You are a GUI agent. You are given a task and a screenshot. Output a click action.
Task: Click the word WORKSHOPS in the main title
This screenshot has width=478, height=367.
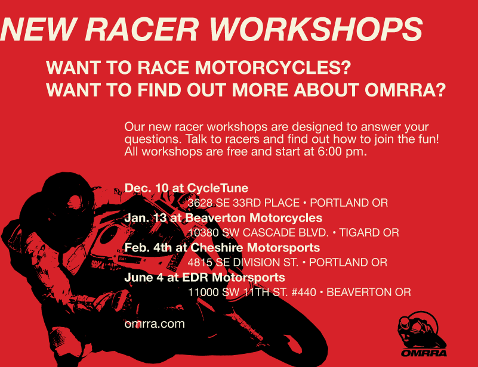tap(316, 30)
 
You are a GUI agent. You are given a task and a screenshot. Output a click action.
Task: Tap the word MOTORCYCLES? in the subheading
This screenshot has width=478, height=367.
tap(273, 67)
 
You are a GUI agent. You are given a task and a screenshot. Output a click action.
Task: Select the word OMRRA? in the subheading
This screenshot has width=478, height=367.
tap(405, 90)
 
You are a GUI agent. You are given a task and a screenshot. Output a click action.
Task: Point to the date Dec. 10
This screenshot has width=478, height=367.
tap(146, 188)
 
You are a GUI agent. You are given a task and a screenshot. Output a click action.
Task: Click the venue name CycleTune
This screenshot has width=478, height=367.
tap(218, 188)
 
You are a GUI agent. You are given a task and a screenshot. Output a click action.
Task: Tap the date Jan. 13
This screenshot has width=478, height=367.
tap(146, 218)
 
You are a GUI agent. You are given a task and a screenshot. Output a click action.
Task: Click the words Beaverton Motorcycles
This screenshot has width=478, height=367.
tap(254, 218)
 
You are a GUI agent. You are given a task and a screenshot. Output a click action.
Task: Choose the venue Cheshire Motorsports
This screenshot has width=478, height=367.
tap(255, 248)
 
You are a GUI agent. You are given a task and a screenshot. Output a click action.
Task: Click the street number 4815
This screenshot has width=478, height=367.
tap(200, 262)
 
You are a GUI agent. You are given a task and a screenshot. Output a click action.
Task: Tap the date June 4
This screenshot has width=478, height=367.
tap(144, 278)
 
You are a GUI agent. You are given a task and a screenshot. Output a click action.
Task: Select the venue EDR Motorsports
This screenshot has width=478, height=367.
tap(233, 278)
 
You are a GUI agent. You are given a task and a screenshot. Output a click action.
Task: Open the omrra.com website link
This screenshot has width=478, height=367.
tap(155, 324)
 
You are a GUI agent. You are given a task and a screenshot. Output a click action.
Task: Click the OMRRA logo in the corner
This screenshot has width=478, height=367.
tap(423, 334)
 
